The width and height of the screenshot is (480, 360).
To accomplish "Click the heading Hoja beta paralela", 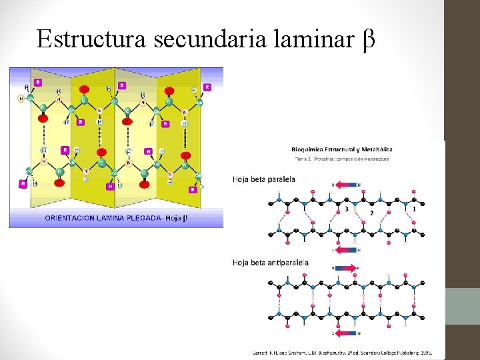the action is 264,179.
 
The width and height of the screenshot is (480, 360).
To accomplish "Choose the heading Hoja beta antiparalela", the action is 271,263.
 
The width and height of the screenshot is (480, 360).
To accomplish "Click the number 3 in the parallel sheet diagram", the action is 346,209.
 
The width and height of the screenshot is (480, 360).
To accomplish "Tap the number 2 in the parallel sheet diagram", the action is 371,213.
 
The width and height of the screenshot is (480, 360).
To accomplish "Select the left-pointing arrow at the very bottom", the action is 346,333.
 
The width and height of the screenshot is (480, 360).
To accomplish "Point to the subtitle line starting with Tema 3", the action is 341,159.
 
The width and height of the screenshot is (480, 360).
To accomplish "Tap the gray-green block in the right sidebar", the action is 462,306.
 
